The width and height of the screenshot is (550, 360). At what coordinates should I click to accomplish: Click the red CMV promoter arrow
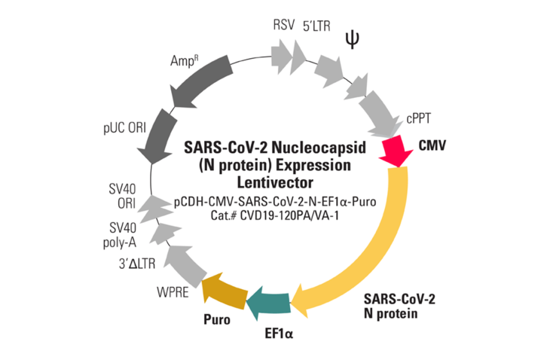[x=396, y=149]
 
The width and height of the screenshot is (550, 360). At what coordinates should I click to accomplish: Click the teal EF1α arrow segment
[x=269, y=301]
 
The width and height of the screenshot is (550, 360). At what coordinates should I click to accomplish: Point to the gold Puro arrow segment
[x=224, y=290]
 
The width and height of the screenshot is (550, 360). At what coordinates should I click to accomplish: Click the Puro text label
[x=216, y=319]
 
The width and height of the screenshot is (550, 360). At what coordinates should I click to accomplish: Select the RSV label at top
[x=284, y=25]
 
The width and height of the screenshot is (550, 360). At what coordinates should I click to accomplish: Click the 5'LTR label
[x=316, y=25]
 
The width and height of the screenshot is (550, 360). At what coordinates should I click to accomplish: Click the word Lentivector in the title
[x=275, y=182]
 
